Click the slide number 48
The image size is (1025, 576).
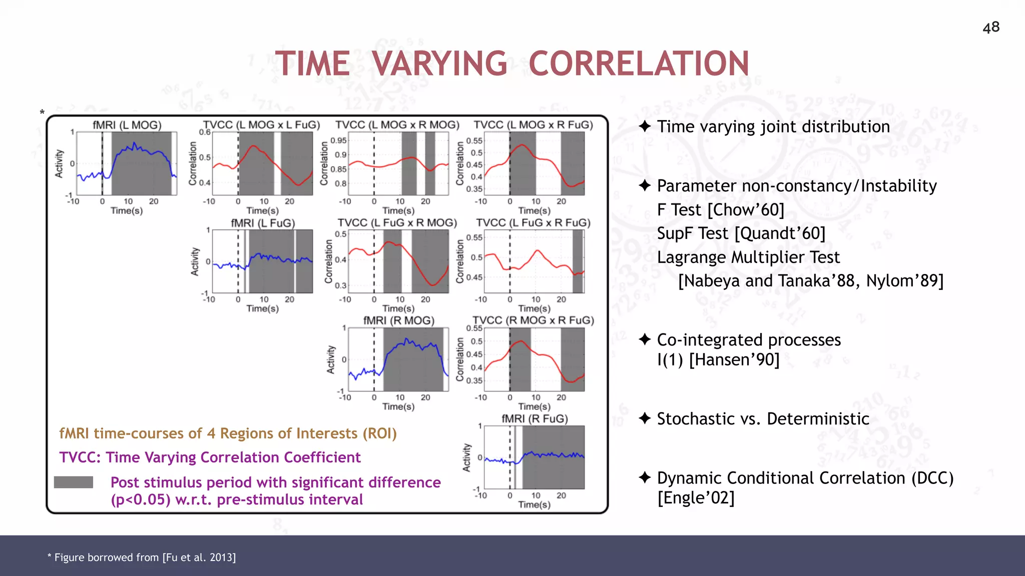991,27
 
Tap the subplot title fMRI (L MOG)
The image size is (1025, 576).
127,125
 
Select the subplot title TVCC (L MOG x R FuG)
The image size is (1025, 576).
533,125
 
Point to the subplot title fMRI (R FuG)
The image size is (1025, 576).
535,418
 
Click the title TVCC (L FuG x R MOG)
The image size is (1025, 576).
397,222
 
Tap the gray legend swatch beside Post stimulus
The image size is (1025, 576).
74,482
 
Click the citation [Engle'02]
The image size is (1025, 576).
696,498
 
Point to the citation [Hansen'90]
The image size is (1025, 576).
734,359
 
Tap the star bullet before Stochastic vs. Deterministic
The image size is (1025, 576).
645,418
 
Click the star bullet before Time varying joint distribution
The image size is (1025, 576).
645,126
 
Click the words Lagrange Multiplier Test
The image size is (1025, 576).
748,257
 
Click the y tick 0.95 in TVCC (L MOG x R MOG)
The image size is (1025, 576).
339,140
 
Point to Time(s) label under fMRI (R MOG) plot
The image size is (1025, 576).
398,406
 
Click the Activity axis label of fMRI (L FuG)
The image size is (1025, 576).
195,261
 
